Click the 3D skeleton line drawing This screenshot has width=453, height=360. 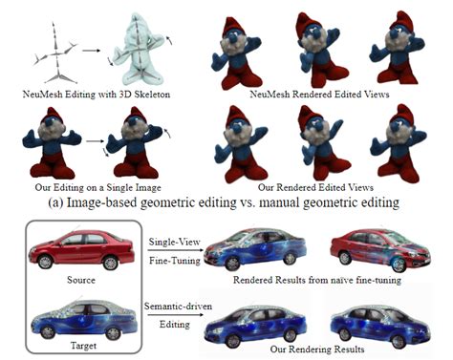(x=56, y=53)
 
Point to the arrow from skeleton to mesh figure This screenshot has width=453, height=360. (x=91, y=51)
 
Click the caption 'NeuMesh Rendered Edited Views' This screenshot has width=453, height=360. (x=319, y=95)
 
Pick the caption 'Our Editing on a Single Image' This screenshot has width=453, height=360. (x=97, y=187)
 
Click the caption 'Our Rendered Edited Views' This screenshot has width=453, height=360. (x=315, y=187)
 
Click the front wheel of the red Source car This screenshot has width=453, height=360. (x=45, y=262)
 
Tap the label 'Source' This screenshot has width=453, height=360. (x=81, y=280)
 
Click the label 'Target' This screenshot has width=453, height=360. (x=83, y=346)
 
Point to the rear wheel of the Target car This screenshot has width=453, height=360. (x=113, y=333)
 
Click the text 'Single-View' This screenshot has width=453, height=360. (x=175, y=242)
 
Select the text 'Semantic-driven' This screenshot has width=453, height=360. (x=178, y=307)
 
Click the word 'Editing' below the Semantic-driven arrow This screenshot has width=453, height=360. (x=175, y=325)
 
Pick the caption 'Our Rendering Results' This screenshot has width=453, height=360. (x=317, y=349)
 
